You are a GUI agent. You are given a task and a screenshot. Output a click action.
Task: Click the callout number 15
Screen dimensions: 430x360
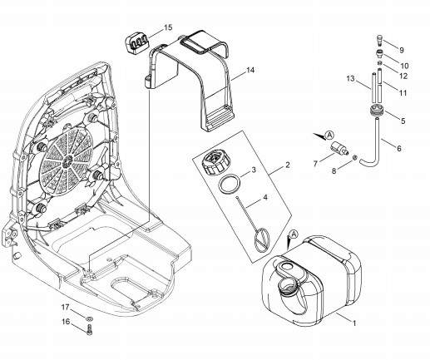pos(168,27)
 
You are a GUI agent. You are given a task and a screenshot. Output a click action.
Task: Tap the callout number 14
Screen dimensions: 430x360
pos(250,71)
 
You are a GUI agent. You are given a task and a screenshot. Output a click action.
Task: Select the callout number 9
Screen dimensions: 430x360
pos(402,50)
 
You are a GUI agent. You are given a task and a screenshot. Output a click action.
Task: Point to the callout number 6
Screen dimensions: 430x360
pos(399,149)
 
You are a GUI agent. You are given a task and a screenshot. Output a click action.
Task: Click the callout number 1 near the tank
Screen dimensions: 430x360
pos(354,323)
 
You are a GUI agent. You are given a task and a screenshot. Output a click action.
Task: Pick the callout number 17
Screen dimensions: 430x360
pos(65,307)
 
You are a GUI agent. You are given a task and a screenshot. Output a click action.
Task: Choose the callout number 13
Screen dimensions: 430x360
pos(350,79)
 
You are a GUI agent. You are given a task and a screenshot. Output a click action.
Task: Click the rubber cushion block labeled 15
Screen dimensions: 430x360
pos(136,42)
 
